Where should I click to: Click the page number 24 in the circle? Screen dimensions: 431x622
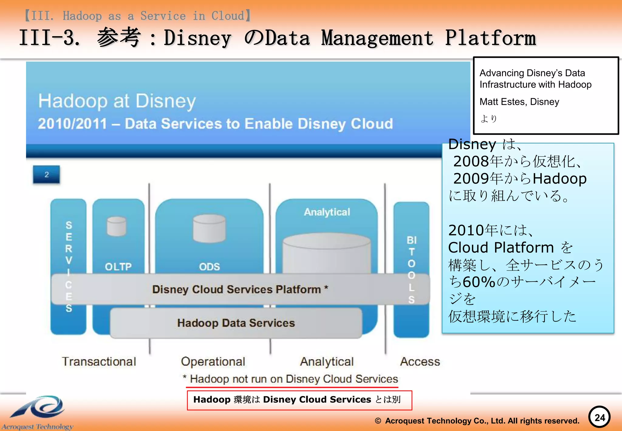[599, 417]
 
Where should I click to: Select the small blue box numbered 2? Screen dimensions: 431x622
[46, 174]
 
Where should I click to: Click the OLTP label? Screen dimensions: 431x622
[118, 267]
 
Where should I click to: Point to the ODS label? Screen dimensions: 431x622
[209, 267]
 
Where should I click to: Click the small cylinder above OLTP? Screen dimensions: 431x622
[117, 226]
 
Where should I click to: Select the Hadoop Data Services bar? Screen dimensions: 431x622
[236, 323]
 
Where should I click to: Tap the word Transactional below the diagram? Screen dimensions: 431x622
[99, 361]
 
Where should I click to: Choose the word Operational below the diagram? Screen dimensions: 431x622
[213, 361]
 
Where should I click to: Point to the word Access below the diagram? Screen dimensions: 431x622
[420, 361]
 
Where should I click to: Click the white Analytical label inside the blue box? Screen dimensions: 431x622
[327, 212]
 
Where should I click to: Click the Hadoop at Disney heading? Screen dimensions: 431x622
[117, 101]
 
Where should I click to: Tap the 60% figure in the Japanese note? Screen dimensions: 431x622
[479, 282]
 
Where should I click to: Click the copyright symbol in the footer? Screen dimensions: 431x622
[378, 421]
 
